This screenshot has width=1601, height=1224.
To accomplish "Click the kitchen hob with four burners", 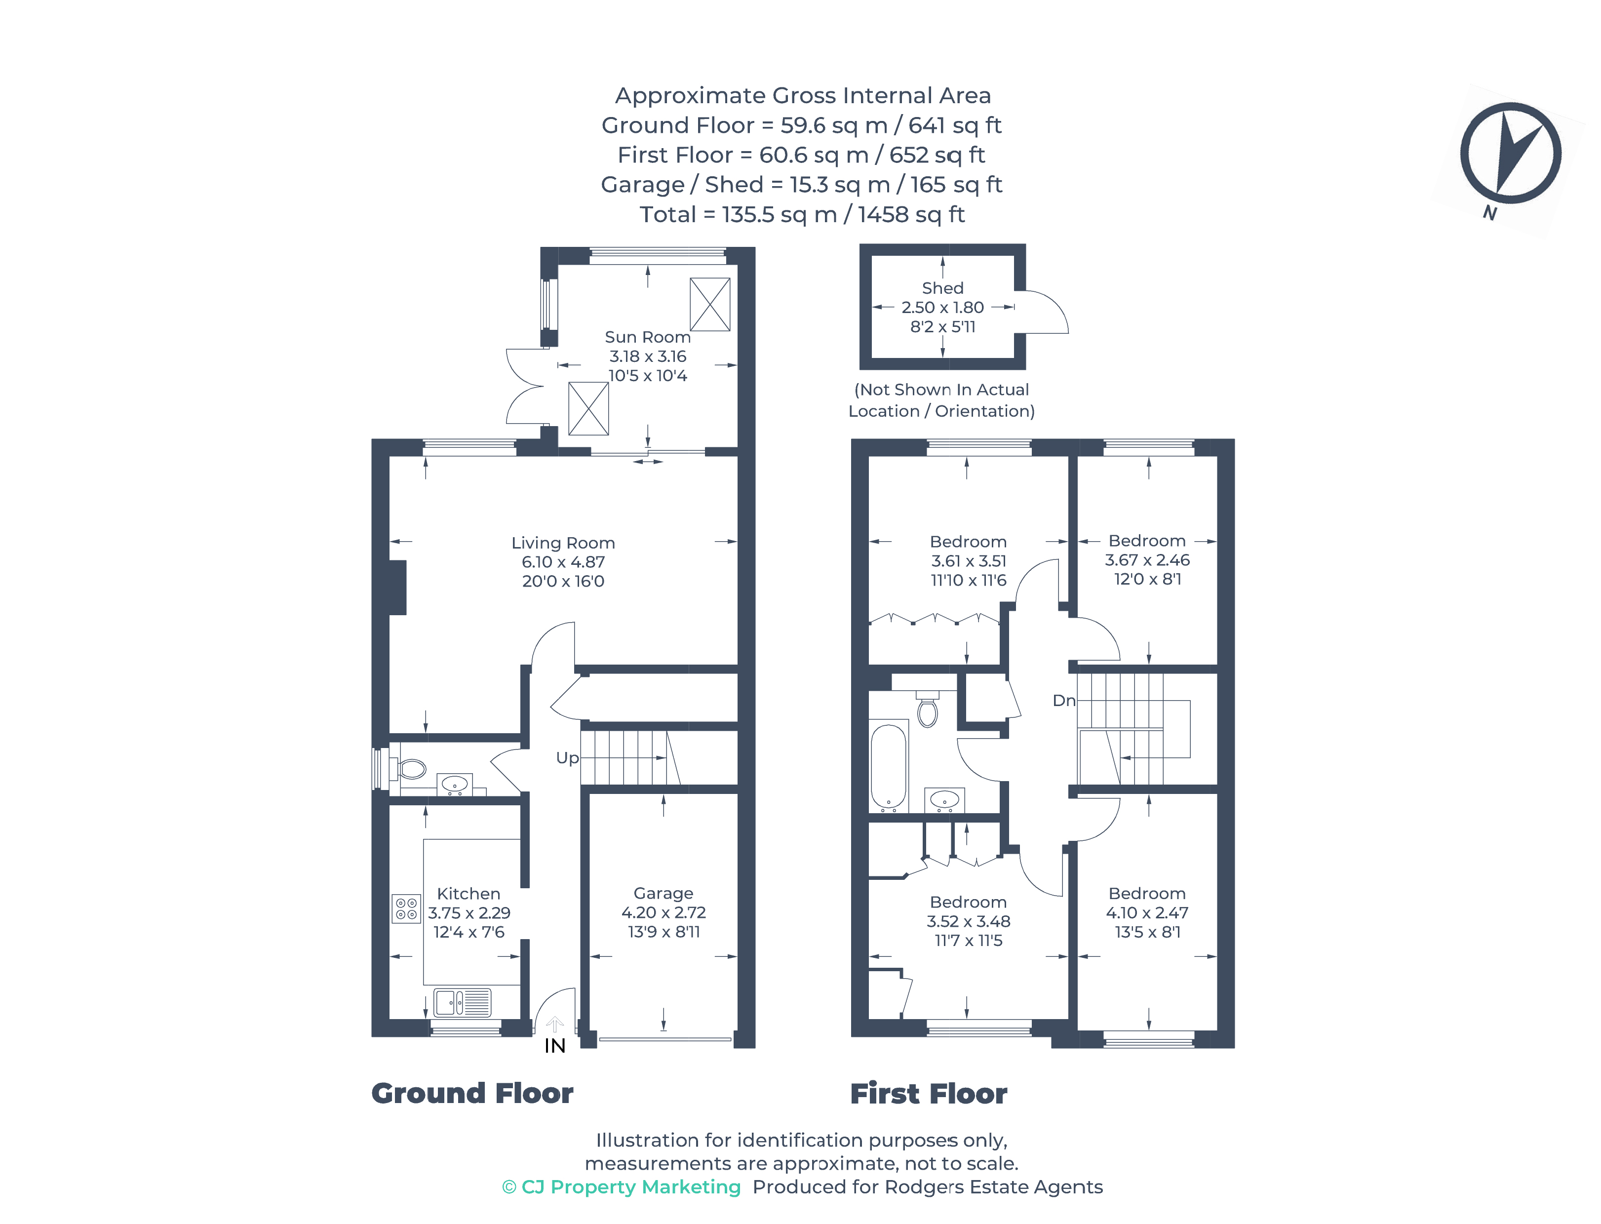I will pos(406,908).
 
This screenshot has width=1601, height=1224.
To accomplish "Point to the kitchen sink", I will pos(462,1002).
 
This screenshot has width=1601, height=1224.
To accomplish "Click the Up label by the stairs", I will pos(567,758).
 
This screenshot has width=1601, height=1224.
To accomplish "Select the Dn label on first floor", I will pos(1063,700).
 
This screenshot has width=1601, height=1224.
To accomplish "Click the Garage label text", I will pos(663,893).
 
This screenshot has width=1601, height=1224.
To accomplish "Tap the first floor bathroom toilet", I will pos(927,711).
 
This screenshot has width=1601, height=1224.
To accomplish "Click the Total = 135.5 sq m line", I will pos(801,214).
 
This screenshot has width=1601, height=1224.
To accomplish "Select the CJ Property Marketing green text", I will pos(622,1187).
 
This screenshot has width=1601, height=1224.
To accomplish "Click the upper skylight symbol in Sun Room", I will pos(709,304).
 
